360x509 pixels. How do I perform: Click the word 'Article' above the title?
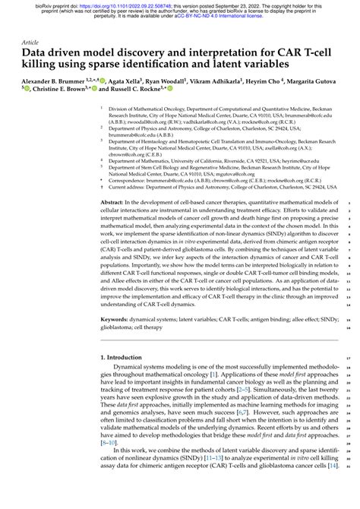pyautogui.click(x=30, y=43)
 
